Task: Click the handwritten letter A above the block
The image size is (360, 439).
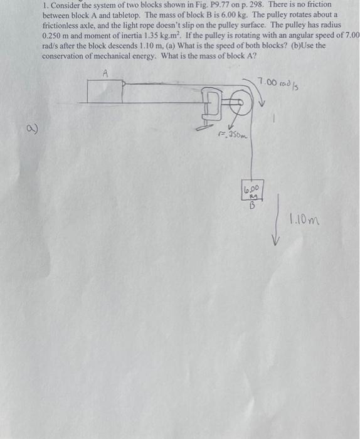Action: click(x=105, y=73)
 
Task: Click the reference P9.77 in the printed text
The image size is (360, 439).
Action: click(x=231, y=4)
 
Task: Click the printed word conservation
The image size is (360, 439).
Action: click(x=65, y=55)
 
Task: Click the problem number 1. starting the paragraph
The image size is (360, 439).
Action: click(x=45, y=4)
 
